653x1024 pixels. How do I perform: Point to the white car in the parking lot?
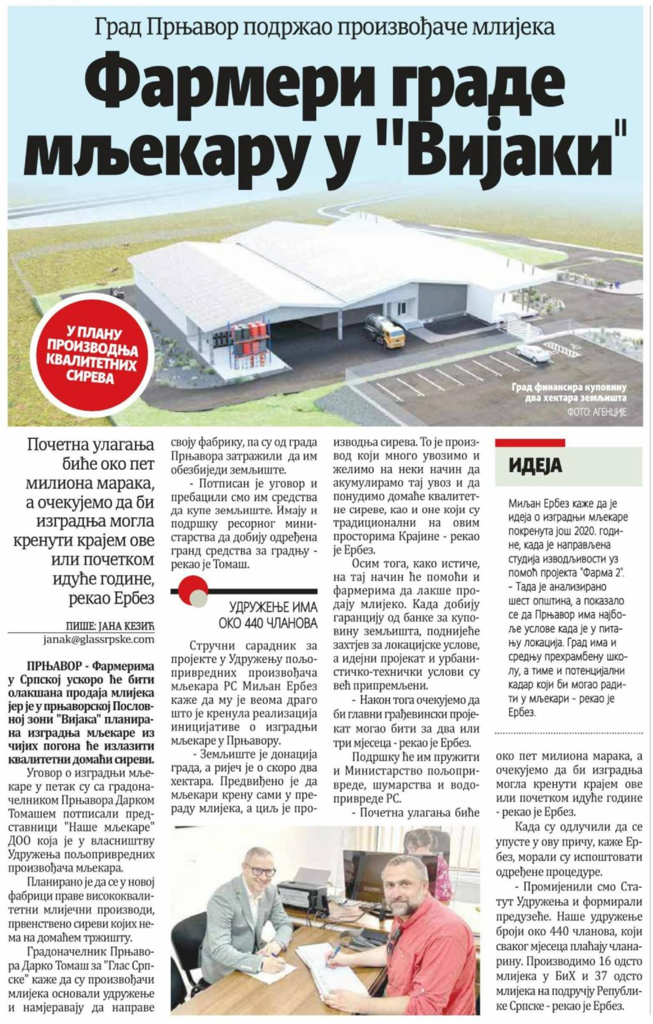coord(533,352)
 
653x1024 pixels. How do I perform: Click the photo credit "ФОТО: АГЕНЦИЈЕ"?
coord(596,412)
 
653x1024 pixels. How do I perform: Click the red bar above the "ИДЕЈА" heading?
coord(530,442)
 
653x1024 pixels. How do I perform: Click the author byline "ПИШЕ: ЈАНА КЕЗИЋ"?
coord(110,626)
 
